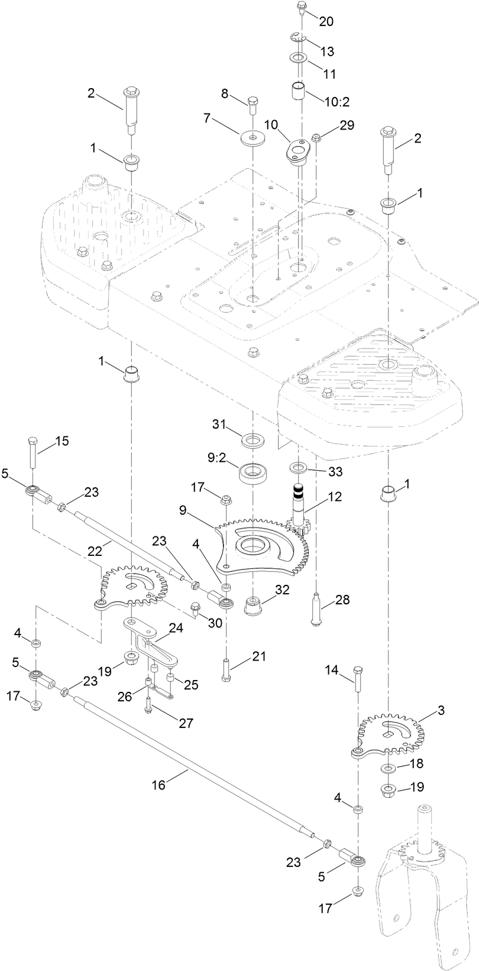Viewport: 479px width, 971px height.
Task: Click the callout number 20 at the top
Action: pyautogui.click(x=326, y=22)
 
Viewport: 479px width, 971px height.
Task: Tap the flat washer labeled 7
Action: pyautogui.click(x=253, y=138)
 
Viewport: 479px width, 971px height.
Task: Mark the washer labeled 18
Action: pyautogui.click(x=388, y=768)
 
